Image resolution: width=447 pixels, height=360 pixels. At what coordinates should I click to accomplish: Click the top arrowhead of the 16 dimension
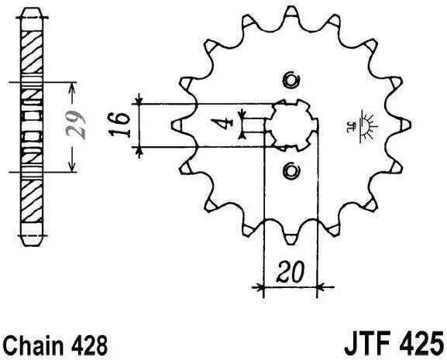point(139,99)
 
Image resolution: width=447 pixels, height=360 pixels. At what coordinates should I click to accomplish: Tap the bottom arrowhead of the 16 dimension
point(139,149)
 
